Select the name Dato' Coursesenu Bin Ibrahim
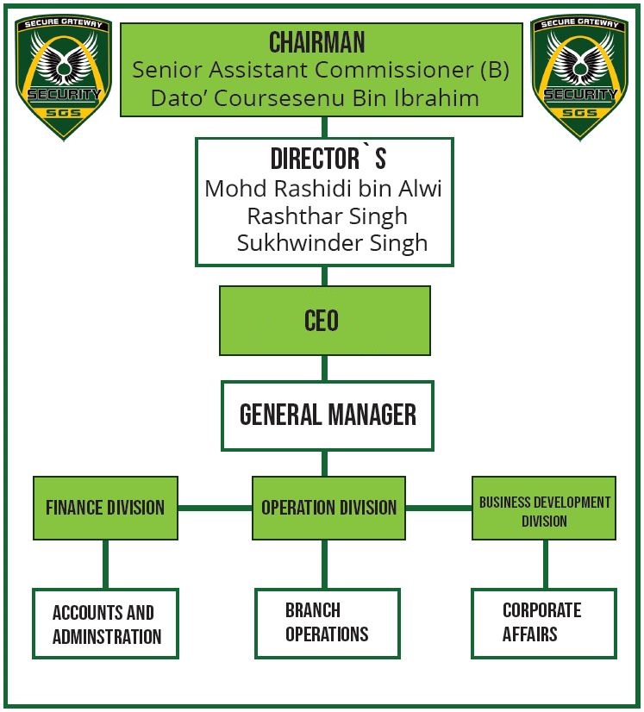point(315,97)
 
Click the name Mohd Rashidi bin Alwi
point(322,189)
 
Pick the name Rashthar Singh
point(327,215)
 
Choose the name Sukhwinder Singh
point(332,242)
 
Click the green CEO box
point(324,321)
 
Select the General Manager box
point(327,415)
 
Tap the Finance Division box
point(105,508)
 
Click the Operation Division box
point(328,508)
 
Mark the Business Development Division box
point(544,509)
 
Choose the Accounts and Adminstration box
point(105,624)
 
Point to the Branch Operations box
point(328,622)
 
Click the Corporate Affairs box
point(543,622)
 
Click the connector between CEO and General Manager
point(325,368)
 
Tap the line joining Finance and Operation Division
point(215,509)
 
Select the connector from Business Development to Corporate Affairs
point(544,564)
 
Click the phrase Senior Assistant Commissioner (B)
point(321,70)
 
